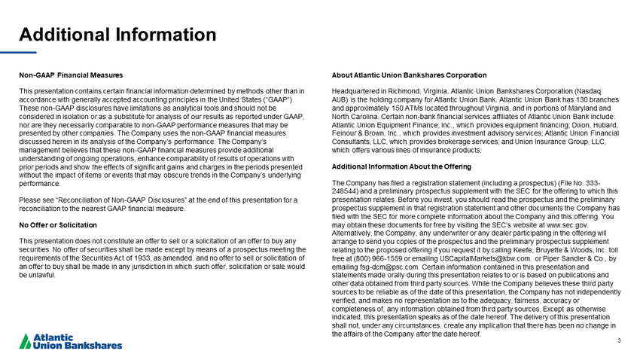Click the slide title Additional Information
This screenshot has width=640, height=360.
click(117, 35)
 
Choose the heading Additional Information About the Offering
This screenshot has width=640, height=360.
click(401, 166)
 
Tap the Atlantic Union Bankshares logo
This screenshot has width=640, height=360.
click(70, 341)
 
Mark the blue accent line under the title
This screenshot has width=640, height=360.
click(27, 53)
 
